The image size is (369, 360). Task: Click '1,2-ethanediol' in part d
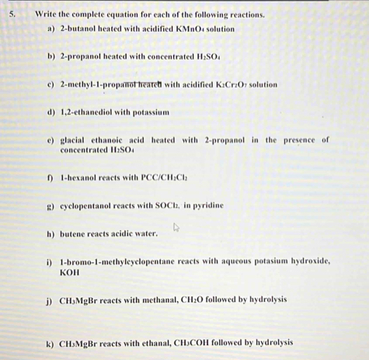pos(85,112)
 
